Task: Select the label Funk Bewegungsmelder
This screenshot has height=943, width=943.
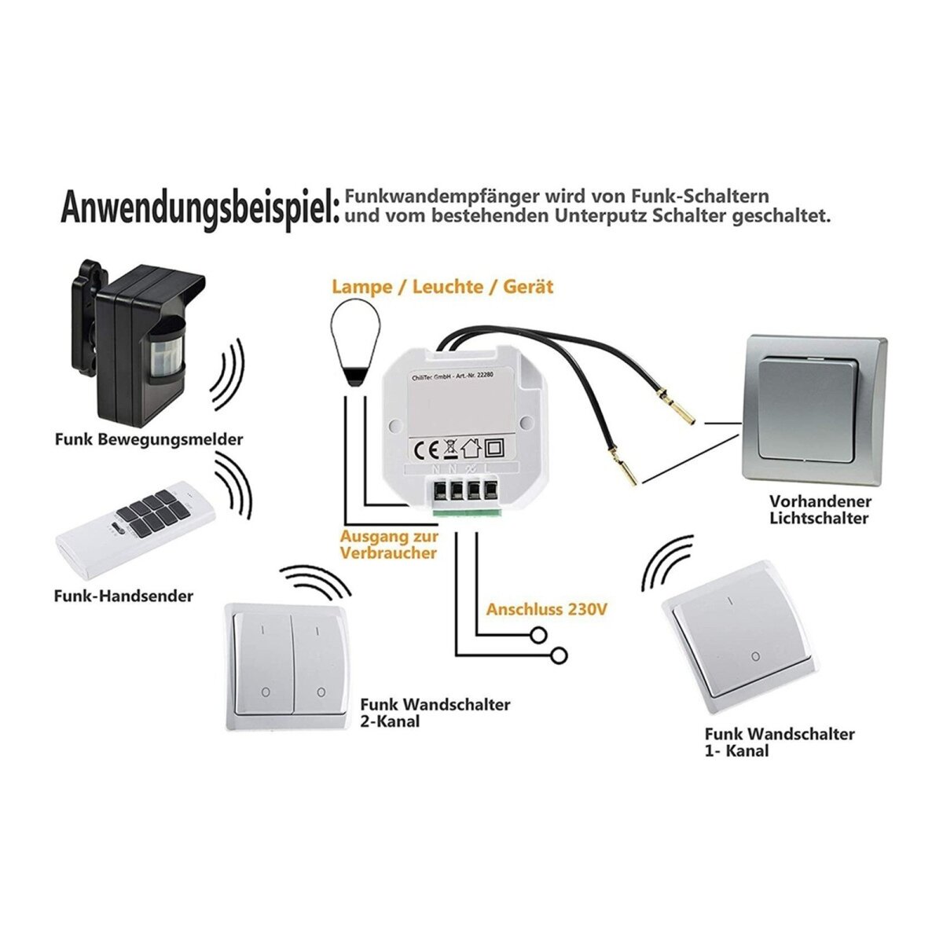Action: [x=149, y=439]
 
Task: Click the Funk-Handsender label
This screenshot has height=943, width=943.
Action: [x=123, y=596]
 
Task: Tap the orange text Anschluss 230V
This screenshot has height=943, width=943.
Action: [x=548, y=609]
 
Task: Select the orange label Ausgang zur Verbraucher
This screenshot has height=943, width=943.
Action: [x=388, y=545]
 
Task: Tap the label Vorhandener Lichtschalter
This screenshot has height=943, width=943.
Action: [x=820, y=510]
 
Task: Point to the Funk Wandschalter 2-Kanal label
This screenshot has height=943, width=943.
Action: [x=435, y=713]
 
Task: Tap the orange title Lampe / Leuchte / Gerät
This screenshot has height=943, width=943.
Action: [x=442, y=287]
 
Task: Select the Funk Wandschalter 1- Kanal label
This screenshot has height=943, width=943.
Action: [x=779, y=743]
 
